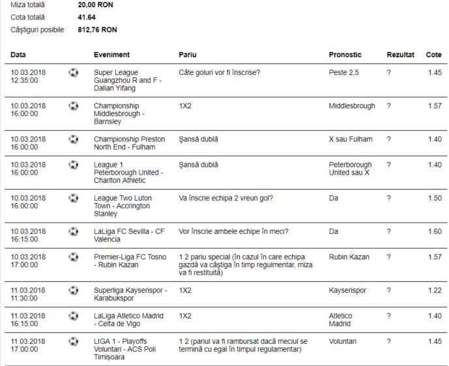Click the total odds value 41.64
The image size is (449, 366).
pyautogui.click(x=87, y=17)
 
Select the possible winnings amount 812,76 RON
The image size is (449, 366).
pyautogui.click(x=98, y=30)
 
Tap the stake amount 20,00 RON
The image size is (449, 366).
pyautogui.click(x=96, y=5)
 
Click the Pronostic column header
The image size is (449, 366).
pyautogui.click(x=345, y=55)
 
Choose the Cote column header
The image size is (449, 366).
pyautogui.click(x=433, y=55)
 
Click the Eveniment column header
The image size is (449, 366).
pyautogui.click(x=111, y=55)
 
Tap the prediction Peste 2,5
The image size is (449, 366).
pyautogui.click(x=343, y=72)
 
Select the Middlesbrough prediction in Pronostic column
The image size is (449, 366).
pyautogui.click(x=353, y=106)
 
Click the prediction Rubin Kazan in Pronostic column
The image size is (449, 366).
pyautogui.click(x=349, y=257)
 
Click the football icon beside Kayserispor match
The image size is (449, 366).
pyautogui.click(x=74, y=289)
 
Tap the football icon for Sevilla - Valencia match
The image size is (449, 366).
pyautogui.click(x=74, y=231)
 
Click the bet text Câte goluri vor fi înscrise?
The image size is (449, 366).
pyautogui.click(x=220, y=72)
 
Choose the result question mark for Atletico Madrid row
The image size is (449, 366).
pyautogui.click(x=389, y=315)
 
